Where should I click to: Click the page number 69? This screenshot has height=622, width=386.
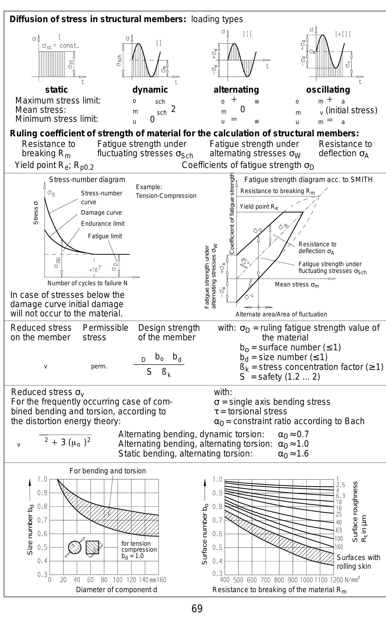click(197, 609)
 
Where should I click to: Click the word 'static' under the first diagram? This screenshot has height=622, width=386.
click(56, 90)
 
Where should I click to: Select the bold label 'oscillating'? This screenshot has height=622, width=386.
click(328, 90)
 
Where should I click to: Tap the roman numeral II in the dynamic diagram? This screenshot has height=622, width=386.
click(159, 43)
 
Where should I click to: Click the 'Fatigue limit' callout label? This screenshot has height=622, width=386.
click(105, 236)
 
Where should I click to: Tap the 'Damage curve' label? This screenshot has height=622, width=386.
click(101, 213)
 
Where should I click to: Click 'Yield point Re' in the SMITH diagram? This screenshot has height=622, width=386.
click(259, 206)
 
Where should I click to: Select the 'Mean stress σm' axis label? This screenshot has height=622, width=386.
click(297, 285)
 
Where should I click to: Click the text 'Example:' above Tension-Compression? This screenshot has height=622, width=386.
click(149, 187)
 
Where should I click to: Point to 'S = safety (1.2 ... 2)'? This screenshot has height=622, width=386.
click(280, 377)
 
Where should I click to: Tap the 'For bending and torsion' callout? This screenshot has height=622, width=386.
click(108, 471)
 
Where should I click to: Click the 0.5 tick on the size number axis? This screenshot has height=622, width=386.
click(42, 547)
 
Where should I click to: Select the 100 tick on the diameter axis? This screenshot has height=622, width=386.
click(118, 580)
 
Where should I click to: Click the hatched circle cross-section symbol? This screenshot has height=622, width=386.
click(74, 547)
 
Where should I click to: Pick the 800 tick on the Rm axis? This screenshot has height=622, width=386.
click(279, 580)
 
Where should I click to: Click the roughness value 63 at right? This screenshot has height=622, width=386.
click(339, 530)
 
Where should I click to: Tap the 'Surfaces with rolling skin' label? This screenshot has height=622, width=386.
click(358, 562)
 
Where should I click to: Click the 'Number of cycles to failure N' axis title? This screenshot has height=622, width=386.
click(87, 283)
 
